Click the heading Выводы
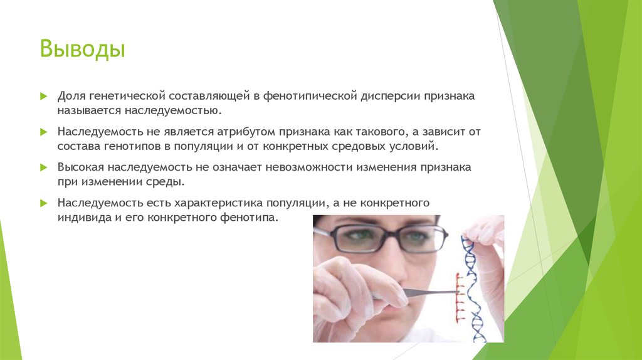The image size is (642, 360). coord(83,50)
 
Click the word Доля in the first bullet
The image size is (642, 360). coord(72,97)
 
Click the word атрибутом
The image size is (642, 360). coord(249,132)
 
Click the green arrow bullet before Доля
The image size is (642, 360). coord(43,97)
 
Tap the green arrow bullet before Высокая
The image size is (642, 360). coord(43,168)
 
